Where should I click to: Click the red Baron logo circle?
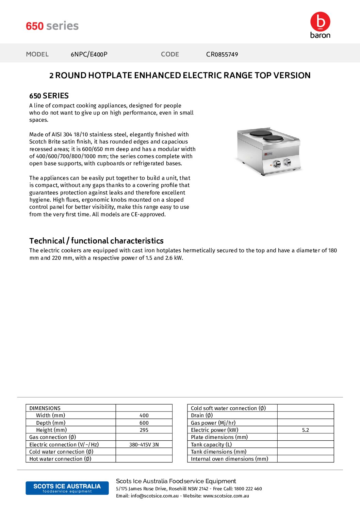(320, 21)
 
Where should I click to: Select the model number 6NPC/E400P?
(89, 54)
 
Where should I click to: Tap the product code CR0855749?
(222, 54)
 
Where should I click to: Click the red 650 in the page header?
(35, 26)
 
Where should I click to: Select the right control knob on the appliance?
(288, 162)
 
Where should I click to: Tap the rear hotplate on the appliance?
(261, 133)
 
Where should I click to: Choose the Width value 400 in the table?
(144, 415)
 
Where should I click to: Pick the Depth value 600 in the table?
(144, 423)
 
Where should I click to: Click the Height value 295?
(144, 430)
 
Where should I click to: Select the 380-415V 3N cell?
(144, 445)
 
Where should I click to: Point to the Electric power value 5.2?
(306, 430)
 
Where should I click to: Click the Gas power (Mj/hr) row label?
(213, 423)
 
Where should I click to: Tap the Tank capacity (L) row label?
(211, 445)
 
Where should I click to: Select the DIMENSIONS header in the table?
(45, 408)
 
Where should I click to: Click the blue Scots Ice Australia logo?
(67, 488)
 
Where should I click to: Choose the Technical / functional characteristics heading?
(96, 241)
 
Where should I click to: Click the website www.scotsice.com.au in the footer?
(226, 496)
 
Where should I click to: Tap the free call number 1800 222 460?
(248, 489)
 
